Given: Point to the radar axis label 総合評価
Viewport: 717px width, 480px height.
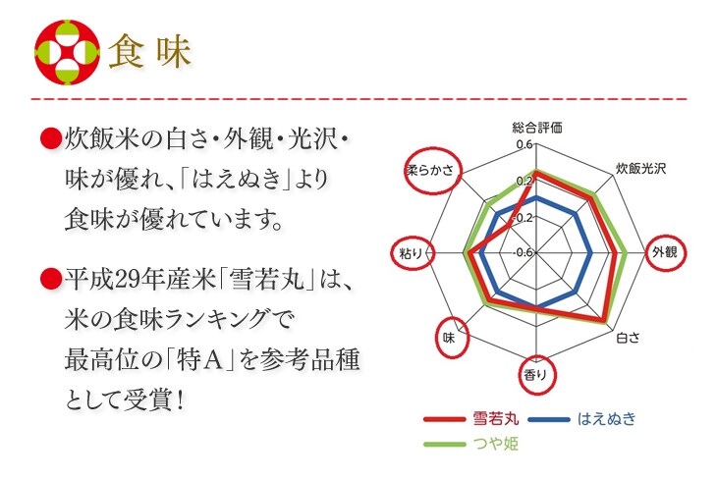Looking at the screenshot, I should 537,128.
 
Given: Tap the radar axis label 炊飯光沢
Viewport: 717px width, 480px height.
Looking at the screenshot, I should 640,168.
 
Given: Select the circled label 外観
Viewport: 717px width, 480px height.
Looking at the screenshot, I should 665,252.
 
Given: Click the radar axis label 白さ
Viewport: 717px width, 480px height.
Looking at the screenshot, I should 628,339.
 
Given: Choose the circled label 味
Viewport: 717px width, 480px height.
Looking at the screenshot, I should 448,337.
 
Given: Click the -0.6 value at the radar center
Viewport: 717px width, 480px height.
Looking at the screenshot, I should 522,252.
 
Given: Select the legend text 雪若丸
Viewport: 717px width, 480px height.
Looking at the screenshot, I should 490,419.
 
